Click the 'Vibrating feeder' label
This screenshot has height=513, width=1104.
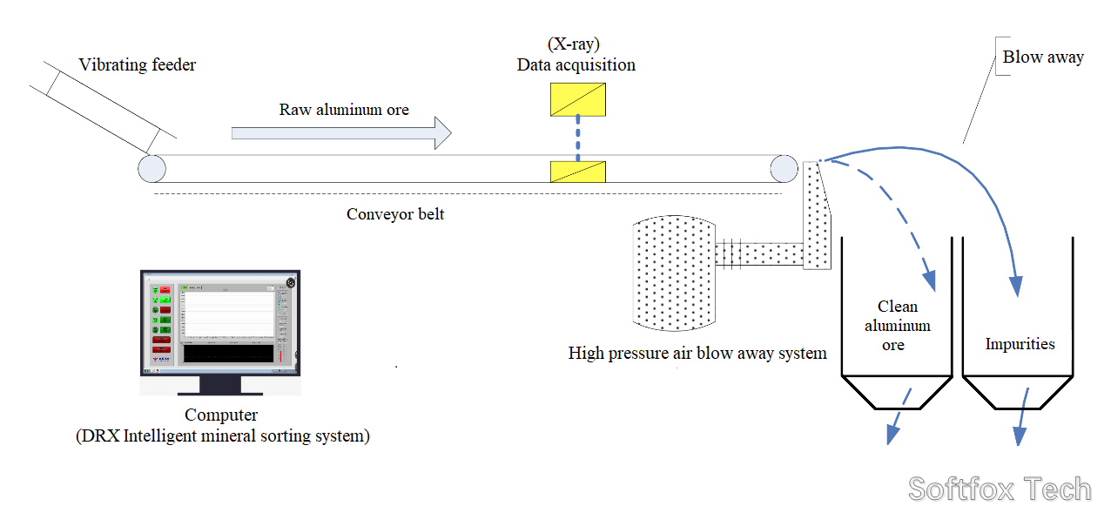coord(137,65)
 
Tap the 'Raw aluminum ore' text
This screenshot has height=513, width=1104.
coord(344,110)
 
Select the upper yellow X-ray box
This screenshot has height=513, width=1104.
coord(578,99)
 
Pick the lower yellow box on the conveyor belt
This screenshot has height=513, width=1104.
coord(578,172)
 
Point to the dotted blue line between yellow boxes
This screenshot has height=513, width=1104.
coord(577,139)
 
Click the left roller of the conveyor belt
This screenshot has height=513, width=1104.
coord(151,168)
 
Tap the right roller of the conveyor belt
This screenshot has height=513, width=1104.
coord(783,168)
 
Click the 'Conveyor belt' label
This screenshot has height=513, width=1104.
coord(395,214)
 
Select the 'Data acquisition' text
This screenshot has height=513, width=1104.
coord(576,65)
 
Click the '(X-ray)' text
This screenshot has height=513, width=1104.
coord(574,44)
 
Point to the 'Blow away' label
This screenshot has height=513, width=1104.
coord(1043,57)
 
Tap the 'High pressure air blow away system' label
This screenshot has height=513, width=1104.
coord(697,354)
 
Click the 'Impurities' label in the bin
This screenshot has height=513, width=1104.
coord(1020,344)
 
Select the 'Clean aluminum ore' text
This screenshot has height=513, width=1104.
coord(897,326)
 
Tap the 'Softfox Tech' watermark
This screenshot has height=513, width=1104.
coord(1000,489)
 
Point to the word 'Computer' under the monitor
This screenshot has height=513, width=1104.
coord(221,415)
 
